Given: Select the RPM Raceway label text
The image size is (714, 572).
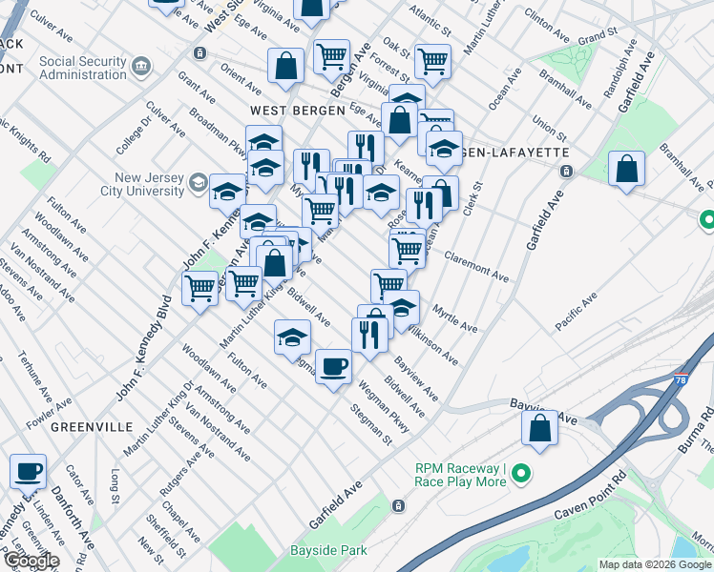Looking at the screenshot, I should (x=460, y=475).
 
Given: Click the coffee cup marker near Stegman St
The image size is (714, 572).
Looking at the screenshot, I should (x=333, y=366).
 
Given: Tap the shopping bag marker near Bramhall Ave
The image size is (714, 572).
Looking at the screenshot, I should (x=625, y=170).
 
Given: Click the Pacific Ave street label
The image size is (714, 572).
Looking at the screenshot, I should (x=577, y=313).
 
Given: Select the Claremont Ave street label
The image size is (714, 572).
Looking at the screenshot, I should (x=476, y=267).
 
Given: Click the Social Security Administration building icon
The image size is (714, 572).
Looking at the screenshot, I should (x=142, y=66).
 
